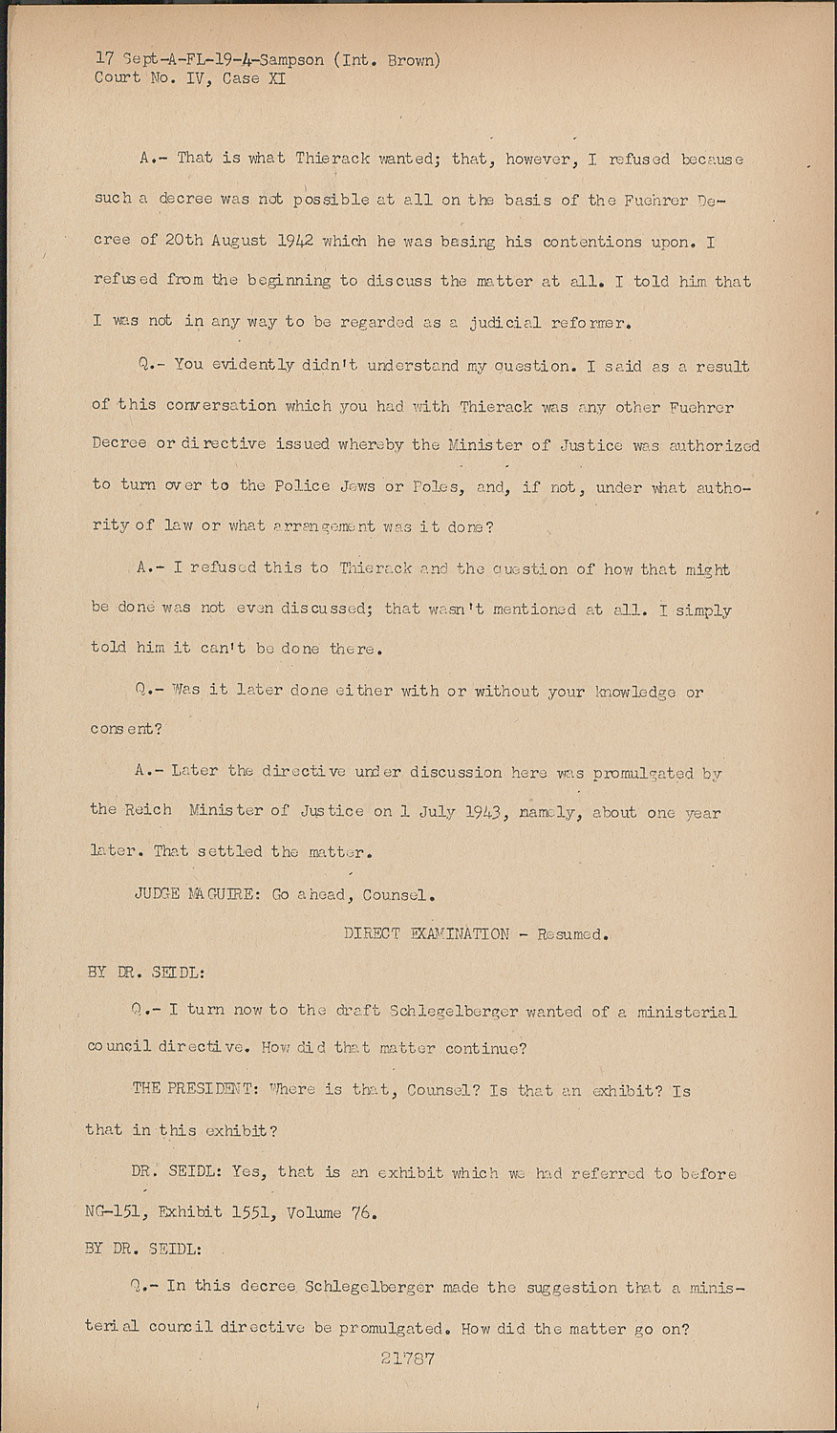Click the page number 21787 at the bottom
(408, 1358)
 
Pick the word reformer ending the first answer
(587, 322)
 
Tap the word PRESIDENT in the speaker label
(209, 1090)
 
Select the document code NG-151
(117, 1214)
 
